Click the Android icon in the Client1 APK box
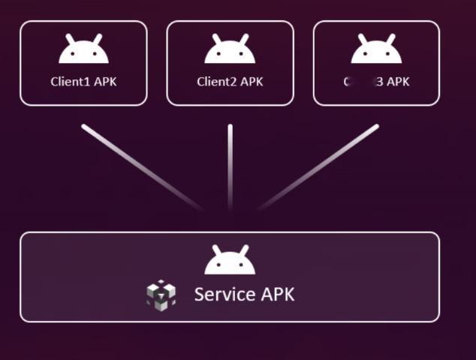(x=83, y=51)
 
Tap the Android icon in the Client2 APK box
(x=230, y=51)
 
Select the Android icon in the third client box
(x=376, y=51)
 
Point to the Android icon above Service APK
(x=230, y=262)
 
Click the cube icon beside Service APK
(x=161, y=295)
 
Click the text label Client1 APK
(x=83, y=82)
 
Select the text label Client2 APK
(x=230, y=82)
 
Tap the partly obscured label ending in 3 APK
(x=377, y=82)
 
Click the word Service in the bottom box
(x=224, y=294)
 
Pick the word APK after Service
(x=277, y=294)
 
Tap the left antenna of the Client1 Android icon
(x=69, y=37)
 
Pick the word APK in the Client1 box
(x=105, y=82)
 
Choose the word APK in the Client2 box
(x=252, y=82)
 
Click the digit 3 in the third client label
(x=380, y=82)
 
